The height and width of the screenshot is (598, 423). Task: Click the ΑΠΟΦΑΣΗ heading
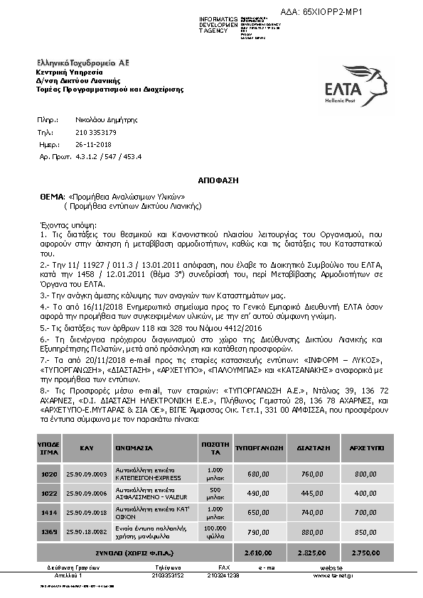coord(211,181)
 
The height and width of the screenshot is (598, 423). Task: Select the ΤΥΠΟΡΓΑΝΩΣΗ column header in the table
coord(259,449)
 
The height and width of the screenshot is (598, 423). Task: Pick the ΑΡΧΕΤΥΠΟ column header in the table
coord(365,449)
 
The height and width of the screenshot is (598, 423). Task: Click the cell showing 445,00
coord(313,493)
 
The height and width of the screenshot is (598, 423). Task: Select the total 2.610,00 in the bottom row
coord(259,551)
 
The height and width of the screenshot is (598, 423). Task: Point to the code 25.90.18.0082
coord(85,531)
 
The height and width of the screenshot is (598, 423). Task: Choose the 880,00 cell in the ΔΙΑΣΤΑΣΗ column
coord(313,531)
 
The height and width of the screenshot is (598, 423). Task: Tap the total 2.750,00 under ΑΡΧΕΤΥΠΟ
coord(365,551)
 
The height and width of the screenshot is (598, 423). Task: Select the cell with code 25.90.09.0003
coord(85,474)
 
